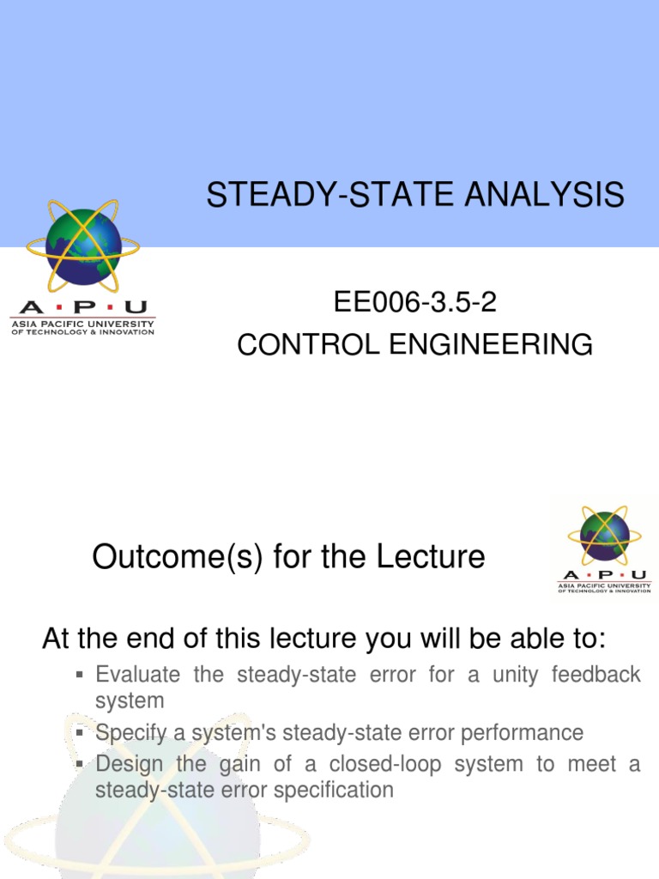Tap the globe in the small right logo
605,536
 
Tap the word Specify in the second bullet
130,733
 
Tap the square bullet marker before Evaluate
79,676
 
